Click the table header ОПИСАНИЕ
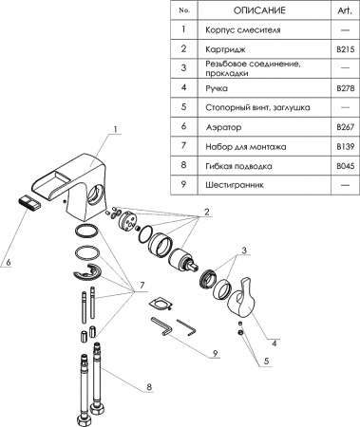tap(255, 10)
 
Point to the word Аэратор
tap(222, 126)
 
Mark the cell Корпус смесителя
tap(239, 29)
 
